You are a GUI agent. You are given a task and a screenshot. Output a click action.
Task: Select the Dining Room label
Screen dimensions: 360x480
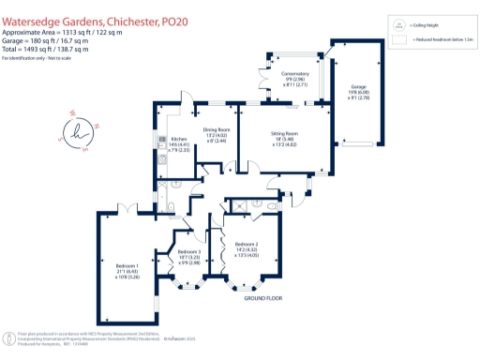(x=217, y=134)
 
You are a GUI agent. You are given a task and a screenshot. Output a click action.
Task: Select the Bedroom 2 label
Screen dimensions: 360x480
(x=247, y=248)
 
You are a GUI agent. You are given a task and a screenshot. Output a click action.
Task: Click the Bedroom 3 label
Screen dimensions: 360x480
(x=189, y=256)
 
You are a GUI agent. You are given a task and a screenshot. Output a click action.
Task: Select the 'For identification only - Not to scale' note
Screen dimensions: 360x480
(x=43, y=58)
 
